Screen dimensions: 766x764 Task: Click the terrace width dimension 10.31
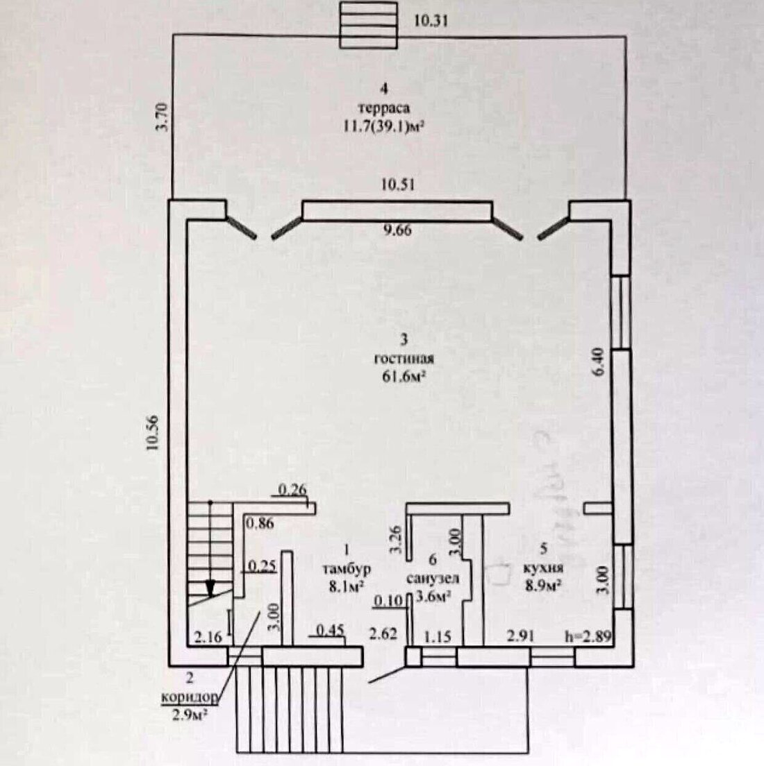tap(431, 21)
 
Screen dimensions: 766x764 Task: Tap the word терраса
tap(383, 108)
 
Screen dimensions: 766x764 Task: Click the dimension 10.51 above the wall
tap(397, 186)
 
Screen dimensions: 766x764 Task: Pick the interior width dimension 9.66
tap(397, 231)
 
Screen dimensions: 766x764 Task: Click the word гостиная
tap(404, 359)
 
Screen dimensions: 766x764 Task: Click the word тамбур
tap(346, 569)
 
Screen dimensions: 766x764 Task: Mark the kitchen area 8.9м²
tap(543, 586)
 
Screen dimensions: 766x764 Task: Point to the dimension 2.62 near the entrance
tap(383, 634)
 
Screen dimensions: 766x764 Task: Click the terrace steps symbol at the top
tap(368, 25)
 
